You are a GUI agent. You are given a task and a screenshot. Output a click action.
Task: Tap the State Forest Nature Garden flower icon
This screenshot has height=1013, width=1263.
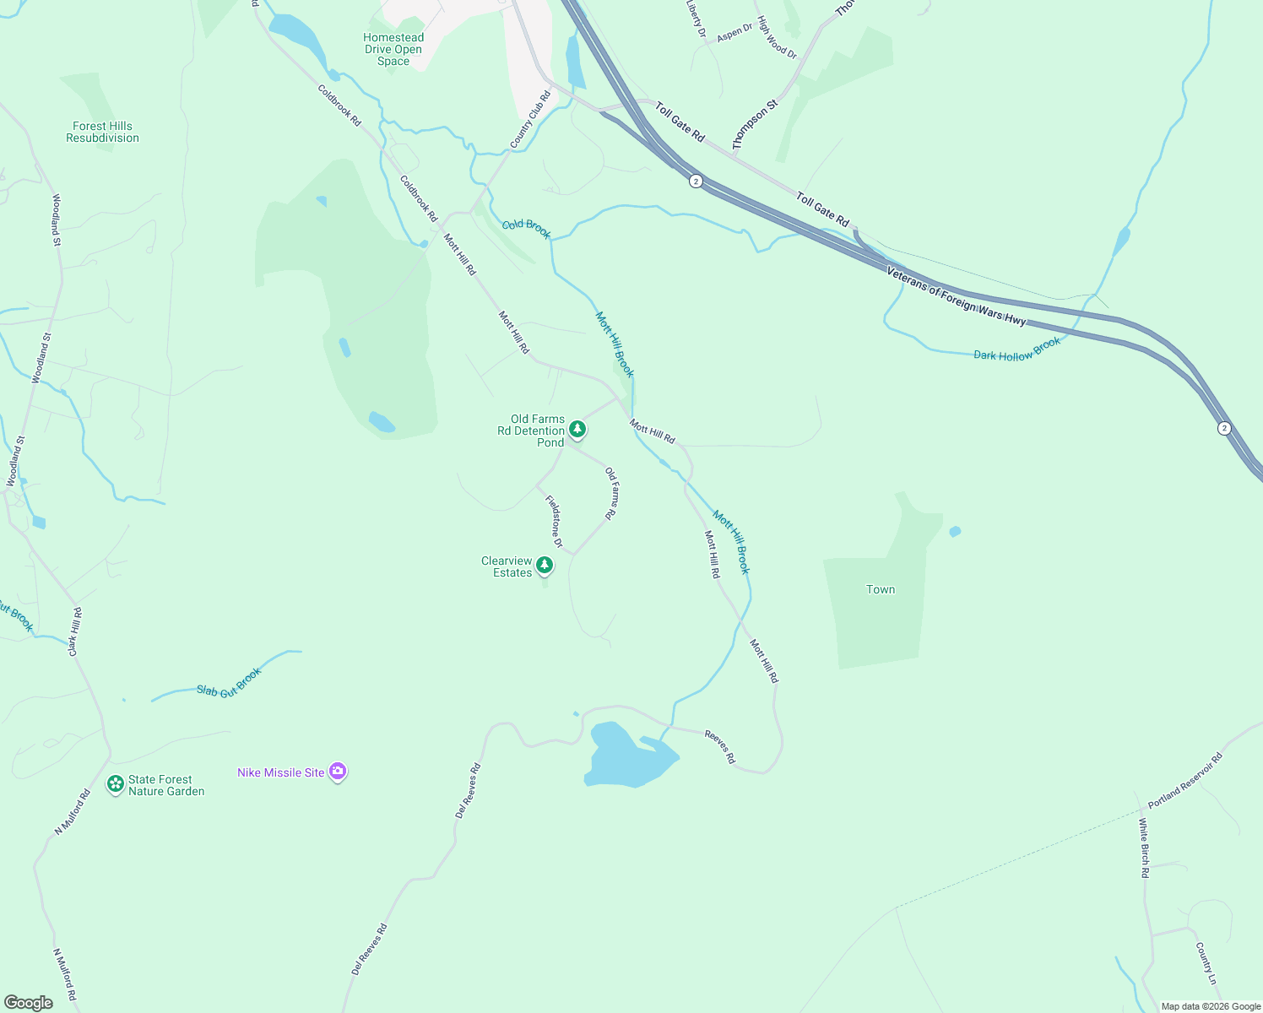pyautogui.click(x=116, y=784)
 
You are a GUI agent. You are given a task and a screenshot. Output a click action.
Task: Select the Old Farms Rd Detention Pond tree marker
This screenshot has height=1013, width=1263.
pyautogui.click(x=577, y=429)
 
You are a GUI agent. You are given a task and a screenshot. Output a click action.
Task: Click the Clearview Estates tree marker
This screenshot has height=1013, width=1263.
pyautogui.click(x=545, y=565)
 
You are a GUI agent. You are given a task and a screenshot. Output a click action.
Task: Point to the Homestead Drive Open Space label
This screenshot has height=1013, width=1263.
pyautogui.click(x=393, y=49)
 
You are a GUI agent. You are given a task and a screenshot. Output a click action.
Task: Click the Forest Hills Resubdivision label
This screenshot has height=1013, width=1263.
pyautogui.click(x=102, y=132)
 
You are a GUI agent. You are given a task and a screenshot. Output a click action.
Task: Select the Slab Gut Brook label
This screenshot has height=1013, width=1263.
pyautogui.click(x=229, y=682)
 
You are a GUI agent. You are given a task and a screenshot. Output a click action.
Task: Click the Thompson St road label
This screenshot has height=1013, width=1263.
pyautogui.click(x=755, y=126)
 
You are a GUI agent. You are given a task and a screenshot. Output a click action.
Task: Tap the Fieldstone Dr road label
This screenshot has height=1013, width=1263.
pyautogui.click(x=554, y=521)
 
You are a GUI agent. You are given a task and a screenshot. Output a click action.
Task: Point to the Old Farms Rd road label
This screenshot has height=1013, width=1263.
pyautogui.click(x=611, y=493)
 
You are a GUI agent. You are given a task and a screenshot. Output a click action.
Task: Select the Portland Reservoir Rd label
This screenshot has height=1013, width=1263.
pyautogui.click(x=1184, y=781)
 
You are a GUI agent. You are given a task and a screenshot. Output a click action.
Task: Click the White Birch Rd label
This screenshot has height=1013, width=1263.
pyautogui.click(x=1144, y=848)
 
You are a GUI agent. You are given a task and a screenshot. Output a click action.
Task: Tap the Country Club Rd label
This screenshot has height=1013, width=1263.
pyautogui.click(x=529, y=121)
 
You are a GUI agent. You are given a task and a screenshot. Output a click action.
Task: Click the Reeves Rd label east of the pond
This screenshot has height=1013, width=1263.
pyautogui.click(x=720, y=748)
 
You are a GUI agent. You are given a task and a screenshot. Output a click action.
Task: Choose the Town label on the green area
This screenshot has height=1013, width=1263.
pyautogui.click(x=881, y=589)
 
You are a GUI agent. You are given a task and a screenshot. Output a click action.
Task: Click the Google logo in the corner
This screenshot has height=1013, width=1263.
pyautogui.click(x=28, y=1003)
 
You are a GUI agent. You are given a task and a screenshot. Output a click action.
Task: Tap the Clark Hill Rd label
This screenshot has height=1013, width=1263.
pyautogui.click(x=74, y=631)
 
